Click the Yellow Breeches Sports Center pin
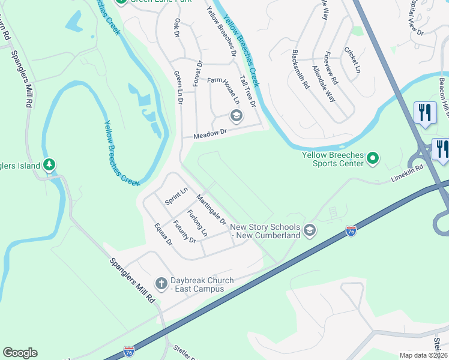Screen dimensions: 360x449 point(373,158)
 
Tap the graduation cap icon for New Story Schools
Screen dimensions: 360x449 point(309,230)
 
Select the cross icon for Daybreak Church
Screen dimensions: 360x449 point(161,282)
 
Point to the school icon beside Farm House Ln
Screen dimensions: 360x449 point(236,116)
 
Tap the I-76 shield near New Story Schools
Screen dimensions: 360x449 point(351,230)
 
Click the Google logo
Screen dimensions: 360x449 point(20,353)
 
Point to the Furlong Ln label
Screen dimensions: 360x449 point(197,223)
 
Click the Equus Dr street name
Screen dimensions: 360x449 point(163,235)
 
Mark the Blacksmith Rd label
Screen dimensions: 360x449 point(300,69)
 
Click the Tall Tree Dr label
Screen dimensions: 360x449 point(248,91)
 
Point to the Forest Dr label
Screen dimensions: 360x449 point(197,73)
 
